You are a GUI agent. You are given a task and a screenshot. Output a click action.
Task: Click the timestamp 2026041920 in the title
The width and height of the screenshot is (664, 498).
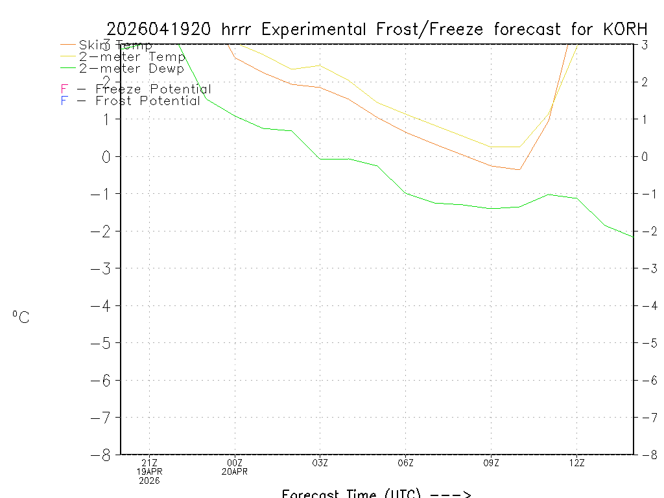coord(158,29)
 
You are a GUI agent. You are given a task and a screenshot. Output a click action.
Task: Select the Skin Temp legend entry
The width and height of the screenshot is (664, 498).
coord(115,45)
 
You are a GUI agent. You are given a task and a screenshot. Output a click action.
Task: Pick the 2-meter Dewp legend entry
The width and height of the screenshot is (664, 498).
coord(131,68)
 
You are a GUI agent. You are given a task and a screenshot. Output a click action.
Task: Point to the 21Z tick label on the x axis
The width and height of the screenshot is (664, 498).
coord(149,462)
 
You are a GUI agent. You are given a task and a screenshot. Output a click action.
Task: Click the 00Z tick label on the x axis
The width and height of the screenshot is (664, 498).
coord(235,462)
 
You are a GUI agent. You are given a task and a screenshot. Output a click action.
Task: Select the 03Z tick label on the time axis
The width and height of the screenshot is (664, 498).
coord(320,462)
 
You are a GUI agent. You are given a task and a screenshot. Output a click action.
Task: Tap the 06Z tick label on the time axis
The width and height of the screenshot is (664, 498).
coord(405,462)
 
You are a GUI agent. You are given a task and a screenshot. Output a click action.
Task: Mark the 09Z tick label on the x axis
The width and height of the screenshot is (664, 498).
coord(491,462)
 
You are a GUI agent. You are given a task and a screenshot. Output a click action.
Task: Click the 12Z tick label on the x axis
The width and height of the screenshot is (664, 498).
coord(576,462)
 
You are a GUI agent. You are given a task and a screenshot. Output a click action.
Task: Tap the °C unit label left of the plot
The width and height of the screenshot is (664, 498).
coord(21,317)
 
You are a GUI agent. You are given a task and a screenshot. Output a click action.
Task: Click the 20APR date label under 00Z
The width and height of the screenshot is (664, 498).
coord(235,471)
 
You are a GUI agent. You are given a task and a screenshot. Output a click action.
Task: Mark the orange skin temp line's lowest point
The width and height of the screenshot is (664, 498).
coord(519,170)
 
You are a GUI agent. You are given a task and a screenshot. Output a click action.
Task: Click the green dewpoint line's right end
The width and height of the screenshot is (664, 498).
coord(633,237)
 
